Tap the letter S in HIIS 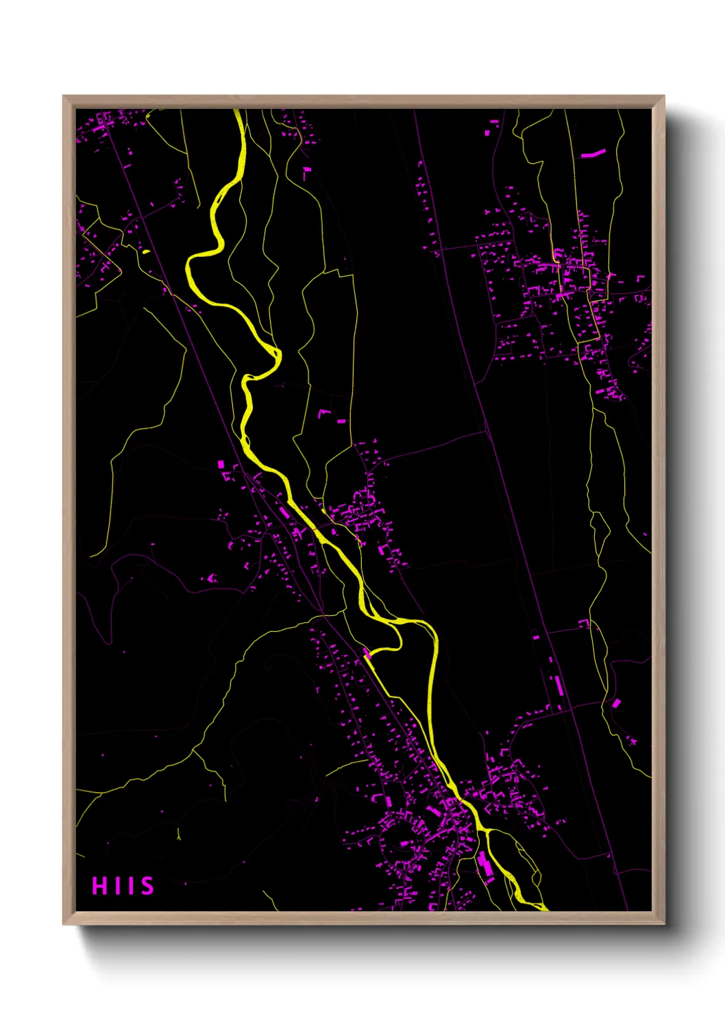pyautogui.click(x=147, y=886)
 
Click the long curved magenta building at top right pyautogui.click(x=593, y=153)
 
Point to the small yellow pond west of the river pyautogui.click(x=145, y=252)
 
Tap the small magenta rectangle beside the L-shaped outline pyautogui.click(x=341, y=421)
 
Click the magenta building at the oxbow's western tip pyautogui.click(x=367, y=654)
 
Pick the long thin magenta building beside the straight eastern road pyautogui.click(x=558, y=684)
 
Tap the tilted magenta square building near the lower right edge pyautogui.click(x=615, y=703)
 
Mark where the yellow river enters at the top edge pyautogui.click(x=238, y=111)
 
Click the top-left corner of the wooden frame pyautogui.click(x=64, y=97)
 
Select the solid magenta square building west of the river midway pyautogui.click(x=221, y=464)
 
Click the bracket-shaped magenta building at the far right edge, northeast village pyautogui.click(x=641, y=279)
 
